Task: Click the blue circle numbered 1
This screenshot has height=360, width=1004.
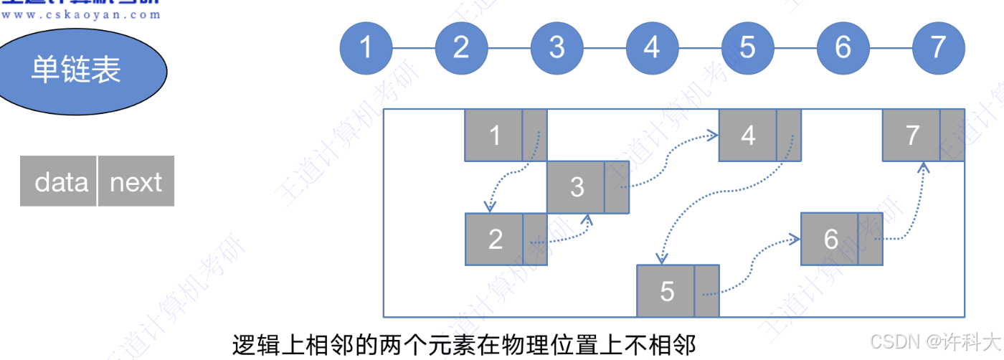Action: tap(366, 47)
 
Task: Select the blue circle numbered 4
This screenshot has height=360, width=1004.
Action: tap(652, 47)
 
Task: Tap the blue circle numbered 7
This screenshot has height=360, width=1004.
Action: tap(938, 47)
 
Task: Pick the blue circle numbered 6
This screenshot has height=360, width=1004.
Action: tap(843, 47)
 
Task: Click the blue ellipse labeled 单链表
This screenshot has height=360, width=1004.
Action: tap(75, 70)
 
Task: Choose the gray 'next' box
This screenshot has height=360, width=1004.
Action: tap(136, 181)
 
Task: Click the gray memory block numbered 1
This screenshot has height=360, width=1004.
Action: tap(493, 135)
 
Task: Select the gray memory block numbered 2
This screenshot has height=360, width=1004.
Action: tap(494, 239)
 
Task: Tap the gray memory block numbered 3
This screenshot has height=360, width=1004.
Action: tap(576, 187)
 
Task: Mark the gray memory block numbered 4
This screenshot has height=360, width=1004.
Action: tap(747, 135)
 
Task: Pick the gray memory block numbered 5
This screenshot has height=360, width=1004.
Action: tap(666, 290)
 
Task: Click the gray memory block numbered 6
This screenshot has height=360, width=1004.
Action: tap(830, 239)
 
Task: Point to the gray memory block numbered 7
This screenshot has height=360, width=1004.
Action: tap(911, 135)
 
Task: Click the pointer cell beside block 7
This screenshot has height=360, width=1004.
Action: tap(952, 135)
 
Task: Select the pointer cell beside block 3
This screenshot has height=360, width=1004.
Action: tap(617, 187)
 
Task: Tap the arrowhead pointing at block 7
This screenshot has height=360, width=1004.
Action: tap(924, 167)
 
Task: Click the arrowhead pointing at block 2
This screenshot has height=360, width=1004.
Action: tap(489, 207)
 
